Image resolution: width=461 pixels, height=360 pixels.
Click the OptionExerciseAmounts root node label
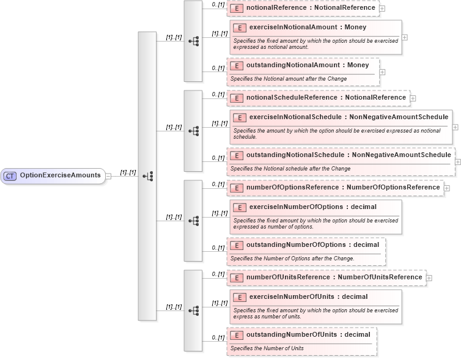coord(60,175)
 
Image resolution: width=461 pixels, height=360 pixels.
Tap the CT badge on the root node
coord(10,175)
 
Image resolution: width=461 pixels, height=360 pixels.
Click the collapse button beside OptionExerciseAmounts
coord(108,175)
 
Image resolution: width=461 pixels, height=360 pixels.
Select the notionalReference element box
coord(303,8)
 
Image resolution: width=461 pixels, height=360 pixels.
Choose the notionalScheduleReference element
coord(318,97)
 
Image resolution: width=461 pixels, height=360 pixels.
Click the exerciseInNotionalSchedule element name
coord(349,117)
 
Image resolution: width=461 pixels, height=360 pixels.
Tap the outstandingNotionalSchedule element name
coord(349,155)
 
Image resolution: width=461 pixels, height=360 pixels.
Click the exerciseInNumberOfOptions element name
coord(312,207)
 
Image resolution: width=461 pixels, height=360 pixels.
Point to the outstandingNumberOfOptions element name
coord(312,244)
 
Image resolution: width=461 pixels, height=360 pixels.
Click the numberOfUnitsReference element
coord(326,277)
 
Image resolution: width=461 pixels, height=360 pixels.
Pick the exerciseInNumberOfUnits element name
coord(308,296)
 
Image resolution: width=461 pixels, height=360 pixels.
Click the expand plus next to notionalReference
coord(382,9)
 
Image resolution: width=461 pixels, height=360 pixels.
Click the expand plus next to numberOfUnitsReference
coord(429,277)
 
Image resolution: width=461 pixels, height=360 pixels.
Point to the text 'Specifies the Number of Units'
coord(267,348)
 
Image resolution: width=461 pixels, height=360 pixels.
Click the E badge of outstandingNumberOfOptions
coord(236,245)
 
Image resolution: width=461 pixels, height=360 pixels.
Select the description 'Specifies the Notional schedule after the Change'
coord(290,168)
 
